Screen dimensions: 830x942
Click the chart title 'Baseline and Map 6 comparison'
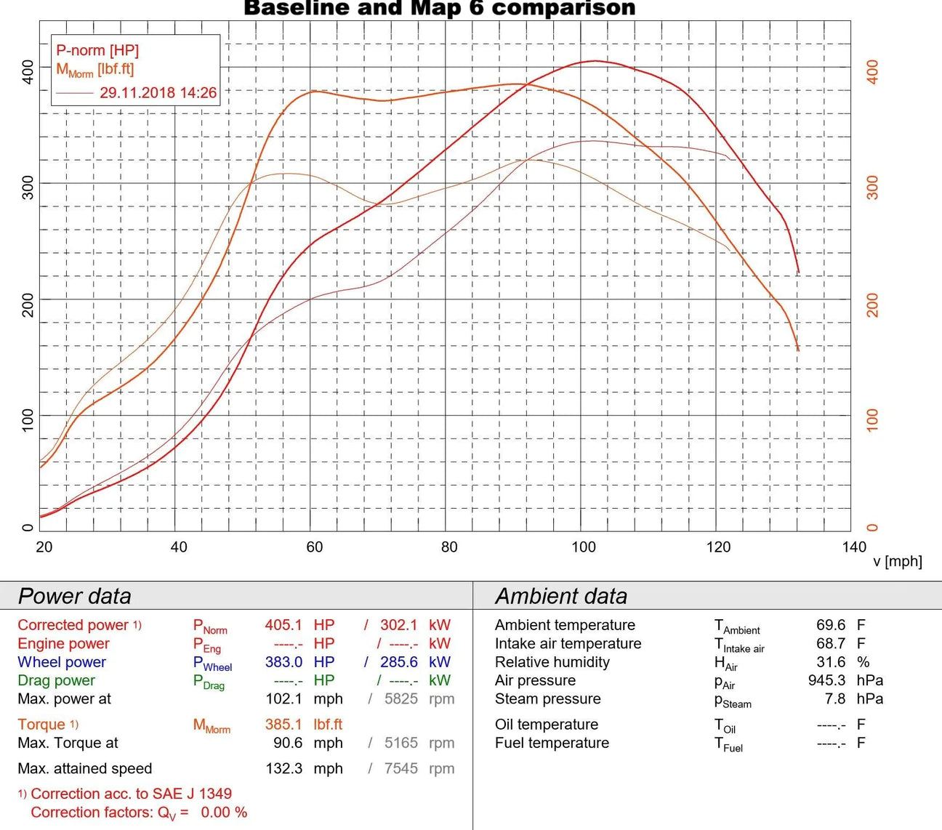click(x=439, y=9)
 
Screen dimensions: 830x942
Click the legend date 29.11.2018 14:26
click(x=158, y=93)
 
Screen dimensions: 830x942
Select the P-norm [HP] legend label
click(x=97, y=50)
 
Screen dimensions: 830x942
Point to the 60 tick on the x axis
click(x=314, y=547)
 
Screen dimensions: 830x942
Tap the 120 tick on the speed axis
click(x=718, y=547)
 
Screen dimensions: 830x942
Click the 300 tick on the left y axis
click(x=28, y=187)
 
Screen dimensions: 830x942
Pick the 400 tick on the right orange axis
click(x=873, y=71)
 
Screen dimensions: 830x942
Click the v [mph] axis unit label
click(x=897, y=561)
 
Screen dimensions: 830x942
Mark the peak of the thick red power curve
click(x=595, y=61)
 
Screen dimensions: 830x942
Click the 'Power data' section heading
click(x=74, y=596)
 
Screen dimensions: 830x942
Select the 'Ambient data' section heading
click(x=560, y=596)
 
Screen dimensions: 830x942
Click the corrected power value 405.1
click(x=283, y=625)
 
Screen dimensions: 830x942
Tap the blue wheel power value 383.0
click(x=283, y=662)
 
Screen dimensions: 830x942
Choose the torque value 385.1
click(x=283, y=725)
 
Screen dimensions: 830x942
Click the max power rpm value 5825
click(x=401, y=699)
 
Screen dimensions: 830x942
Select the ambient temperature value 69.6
click(x=831, y=625)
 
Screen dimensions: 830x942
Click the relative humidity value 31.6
click(x=831, y=662)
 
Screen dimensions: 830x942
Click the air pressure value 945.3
click(x=826, y=681)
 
